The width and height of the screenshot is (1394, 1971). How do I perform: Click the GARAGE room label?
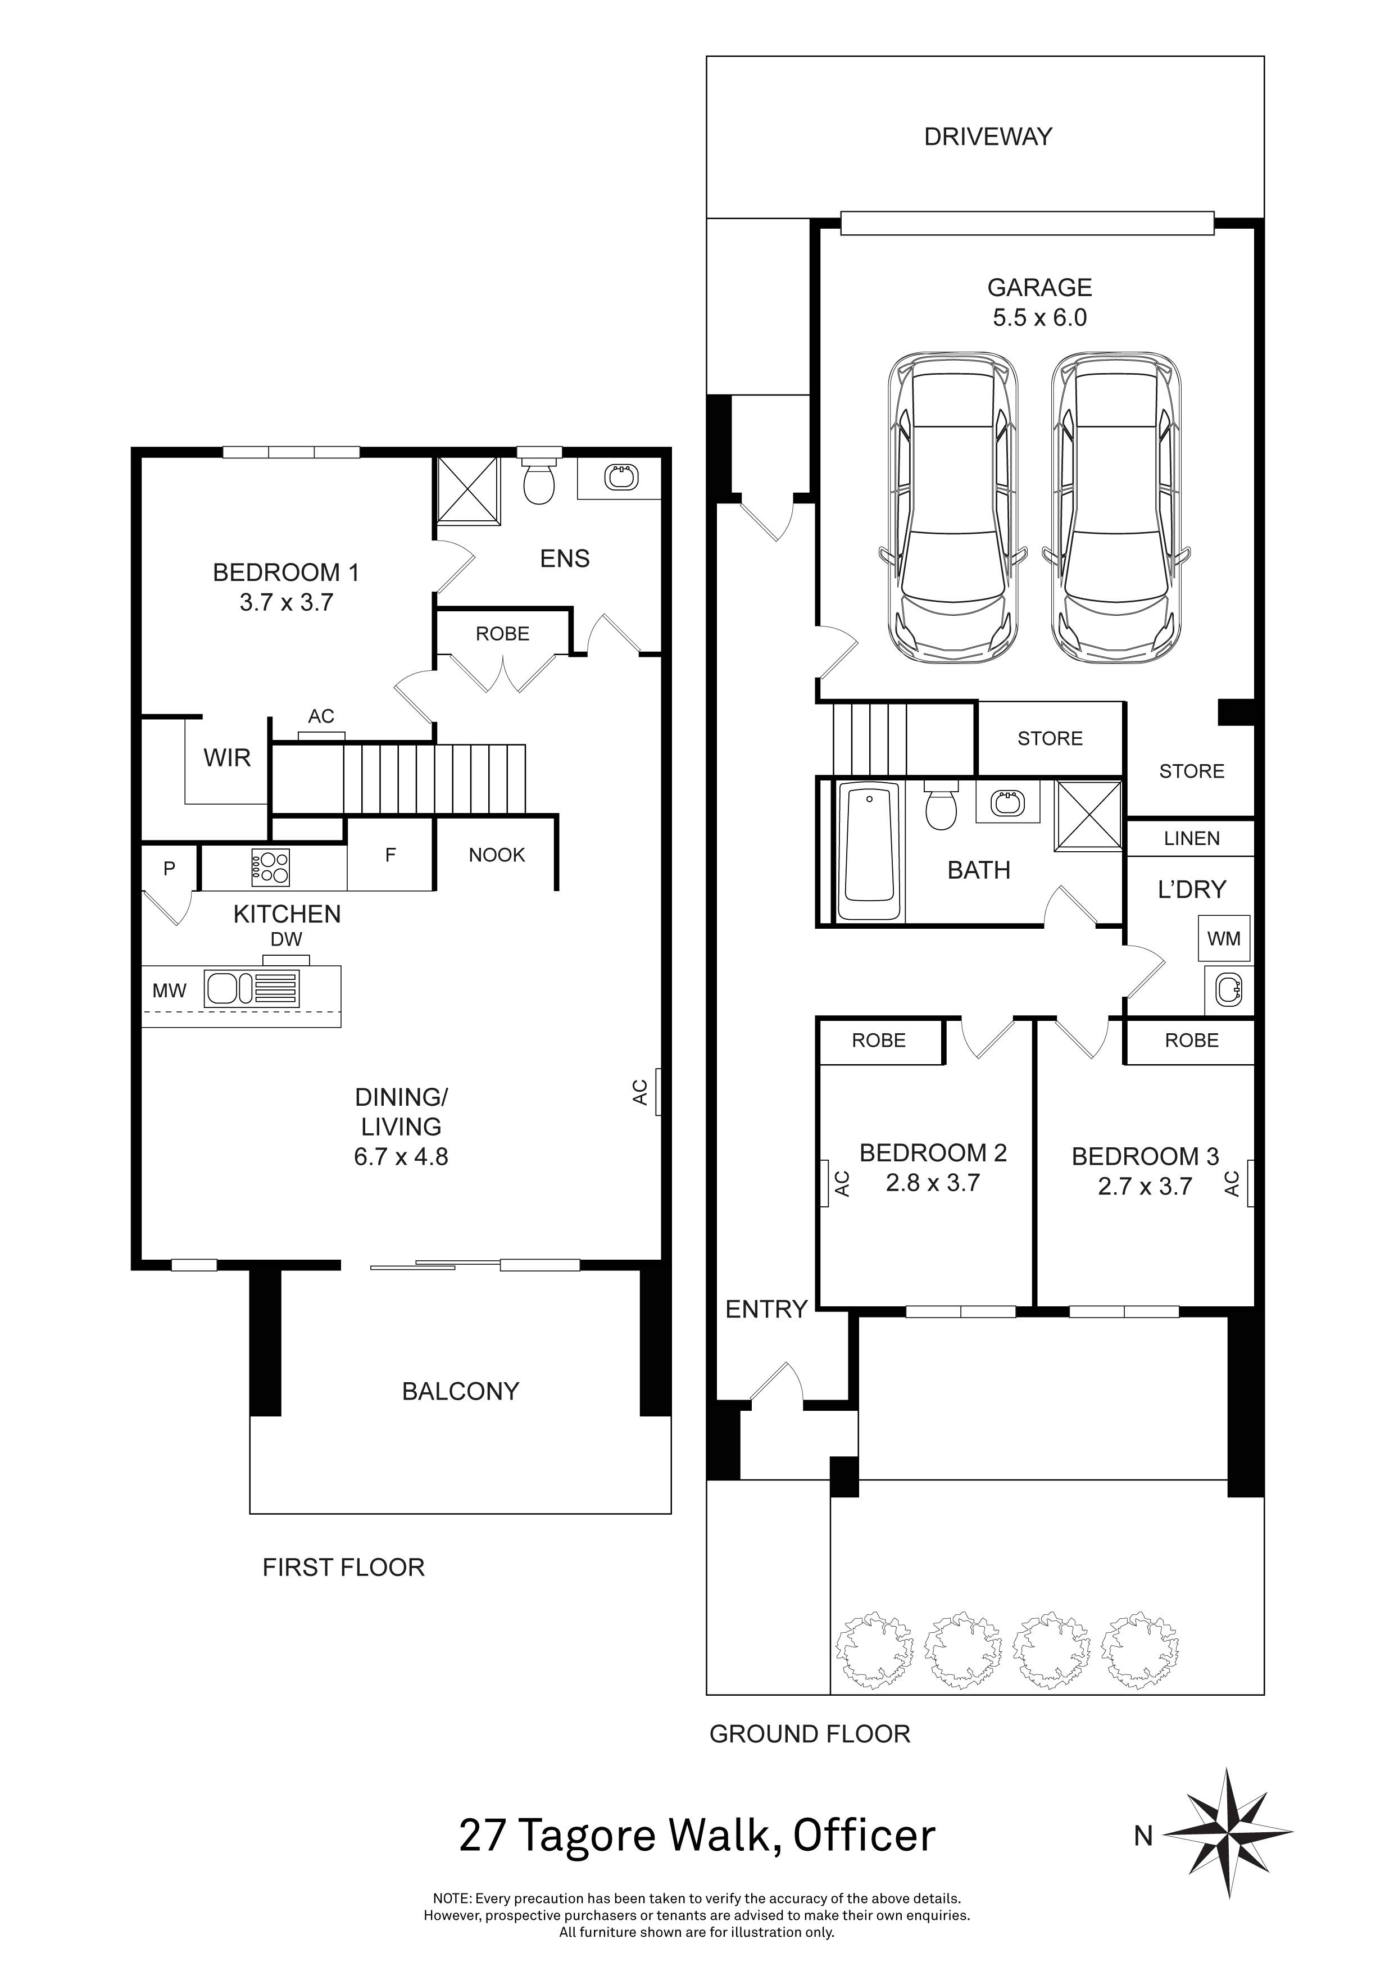pos(1039,288)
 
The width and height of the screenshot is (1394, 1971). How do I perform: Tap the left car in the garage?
pos(953,506)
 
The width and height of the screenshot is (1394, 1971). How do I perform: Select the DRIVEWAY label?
pos(987,137)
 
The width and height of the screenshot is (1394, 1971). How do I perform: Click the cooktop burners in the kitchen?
pos(270,867)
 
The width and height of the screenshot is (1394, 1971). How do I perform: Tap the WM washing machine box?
pos(1223,938)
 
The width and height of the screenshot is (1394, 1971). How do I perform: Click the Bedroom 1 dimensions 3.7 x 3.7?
pos(286,603)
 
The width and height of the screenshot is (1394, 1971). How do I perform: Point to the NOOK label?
pos(496,855)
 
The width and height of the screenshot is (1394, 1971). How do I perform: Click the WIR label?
pos(226,758)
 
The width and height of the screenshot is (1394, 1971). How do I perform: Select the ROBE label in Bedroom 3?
pos(1191,1041)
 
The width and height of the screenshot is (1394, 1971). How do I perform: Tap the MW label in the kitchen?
pos(169,991)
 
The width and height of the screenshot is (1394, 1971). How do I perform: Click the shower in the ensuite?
pos(468,490)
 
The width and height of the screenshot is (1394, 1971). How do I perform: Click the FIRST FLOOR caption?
pos(343,1568)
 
